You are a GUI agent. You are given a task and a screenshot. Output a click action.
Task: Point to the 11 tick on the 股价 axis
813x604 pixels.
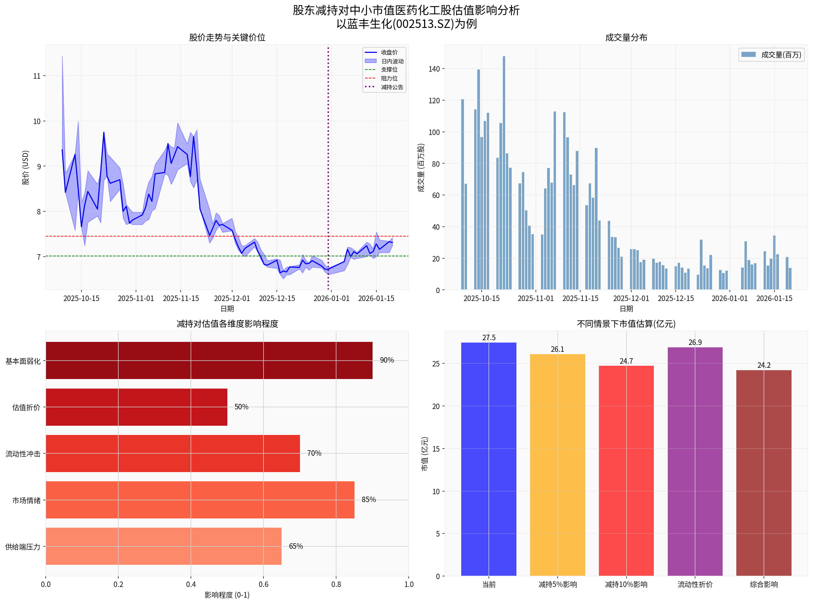tap(36, 76)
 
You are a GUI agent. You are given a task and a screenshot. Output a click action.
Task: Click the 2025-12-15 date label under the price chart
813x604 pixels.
tap(277, 298)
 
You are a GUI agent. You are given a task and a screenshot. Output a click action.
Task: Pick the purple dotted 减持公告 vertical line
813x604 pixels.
tap(328, 165)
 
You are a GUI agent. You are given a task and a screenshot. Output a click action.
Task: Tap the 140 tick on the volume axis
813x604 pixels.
tap(434, 69)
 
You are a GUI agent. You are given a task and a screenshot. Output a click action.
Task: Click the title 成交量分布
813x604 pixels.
tap(626, 37)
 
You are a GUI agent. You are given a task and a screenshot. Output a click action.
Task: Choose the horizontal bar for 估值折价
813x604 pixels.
tap(136, 407)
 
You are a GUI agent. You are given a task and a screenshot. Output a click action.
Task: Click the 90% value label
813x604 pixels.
tap(387, 360)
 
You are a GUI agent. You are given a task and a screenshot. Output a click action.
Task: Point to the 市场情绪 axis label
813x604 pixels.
tap(26, 500)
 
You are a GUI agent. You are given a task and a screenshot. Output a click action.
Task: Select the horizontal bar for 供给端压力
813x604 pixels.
tap(163, 546)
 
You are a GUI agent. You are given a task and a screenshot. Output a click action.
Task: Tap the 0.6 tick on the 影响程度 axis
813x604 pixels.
tap(263, 584)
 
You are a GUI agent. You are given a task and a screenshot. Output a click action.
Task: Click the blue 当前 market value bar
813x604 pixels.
tap(488, 459)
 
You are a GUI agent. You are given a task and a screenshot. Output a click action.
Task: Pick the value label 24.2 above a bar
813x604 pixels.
tap(763, 365)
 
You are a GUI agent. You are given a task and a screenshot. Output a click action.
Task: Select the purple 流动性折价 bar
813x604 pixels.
tap(695, 462)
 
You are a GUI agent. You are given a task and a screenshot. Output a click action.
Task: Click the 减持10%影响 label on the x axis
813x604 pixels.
tap(626, 584)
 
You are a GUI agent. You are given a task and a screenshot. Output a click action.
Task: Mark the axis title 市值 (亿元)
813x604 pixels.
tap(424, 454)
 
